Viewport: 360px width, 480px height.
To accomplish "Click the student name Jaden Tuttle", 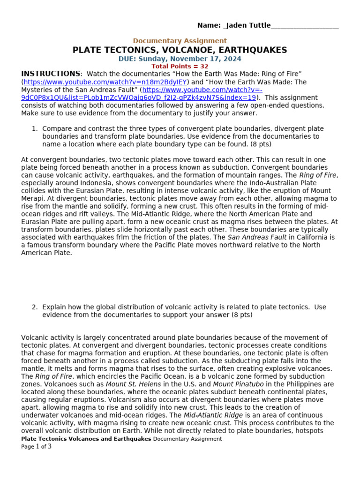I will coord(249,25).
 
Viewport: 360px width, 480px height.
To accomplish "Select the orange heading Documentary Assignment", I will coord(180,41).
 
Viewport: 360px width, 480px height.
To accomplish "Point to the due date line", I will coord(180,59).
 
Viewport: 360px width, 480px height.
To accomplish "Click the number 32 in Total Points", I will coord(204,67).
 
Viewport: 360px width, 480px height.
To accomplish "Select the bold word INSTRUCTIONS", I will coord(51,74).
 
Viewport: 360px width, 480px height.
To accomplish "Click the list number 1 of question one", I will coord(34,129).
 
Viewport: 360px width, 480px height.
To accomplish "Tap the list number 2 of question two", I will coord(34,307).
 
